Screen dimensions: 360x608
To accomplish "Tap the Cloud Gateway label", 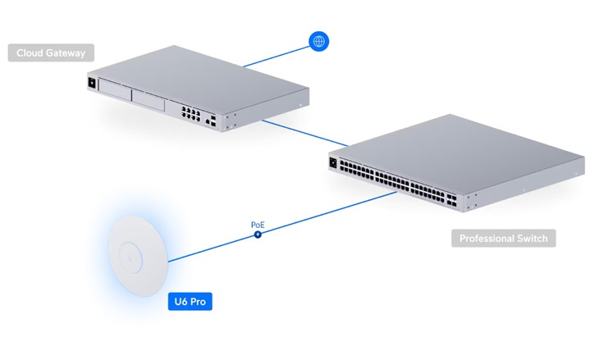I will pyautogui.click(x=51, y=53).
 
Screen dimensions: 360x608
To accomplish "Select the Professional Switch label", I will pyautogui.click(x=503, y=239).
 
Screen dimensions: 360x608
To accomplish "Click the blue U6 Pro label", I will pyautogui.click(x=189, y=302).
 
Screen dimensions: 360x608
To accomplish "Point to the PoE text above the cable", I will pyautogui.click(x=258, y=223).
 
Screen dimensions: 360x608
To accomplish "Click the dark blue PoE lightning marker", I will pyautogui.click(x=258, y=234).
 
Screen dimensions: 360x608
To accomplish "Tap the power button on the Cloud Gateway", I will pyautogui.click(x=91, y=83).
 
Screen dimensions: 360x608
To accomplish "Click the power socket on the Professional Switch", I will pyautogui.click(x=333, y=162).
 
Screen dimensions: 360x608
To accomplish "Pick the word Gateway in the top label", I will pyautogui.click(x=66, y=53).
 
